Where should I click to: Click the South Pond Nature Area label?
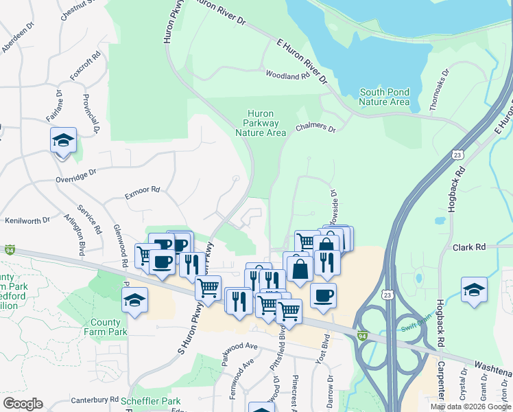(385, 97)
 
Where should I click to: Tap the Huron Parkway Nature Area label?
(260, 123)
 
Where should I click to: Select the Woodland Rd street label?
(288, 76)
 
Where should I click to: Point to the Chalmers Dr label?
(315, 128)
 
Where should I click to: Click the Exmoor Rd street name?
(142, 190)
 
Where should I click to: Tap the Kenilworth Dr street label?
(27, 220)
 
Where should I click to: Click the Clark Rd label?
(469, 247)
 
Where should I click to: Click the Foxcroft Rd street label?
(85, 65)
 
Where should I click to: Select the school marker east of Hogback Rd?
(474, 289)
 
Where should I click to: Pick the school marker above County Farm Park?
(134, 299)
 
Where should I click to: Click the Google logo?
(23, 404)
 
